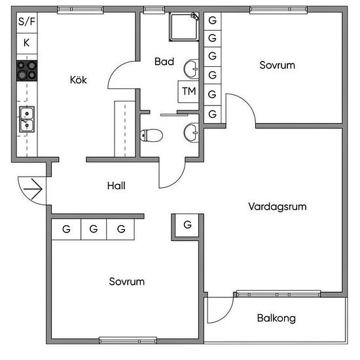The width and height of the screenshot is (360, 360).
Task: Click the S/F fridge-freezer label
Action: click(27, 22)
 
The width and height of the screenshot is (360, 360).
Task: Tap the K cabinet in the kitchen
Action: click(27, 43)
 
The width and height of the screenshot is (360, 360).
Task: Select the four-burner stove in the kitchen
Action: click(27, 71)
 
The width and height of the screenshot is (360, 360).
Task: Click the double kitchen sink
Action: click(27, 119)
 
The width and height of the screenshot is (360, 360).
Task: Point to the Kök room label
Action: click(79, 80)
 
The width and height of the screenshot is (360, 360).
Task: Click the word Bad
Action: click(164, 62)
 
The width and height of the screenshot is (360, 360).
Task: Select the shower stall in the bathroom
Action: click(184, 27)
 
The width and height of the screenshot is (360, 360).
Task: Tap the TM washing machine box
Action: click(189, 92)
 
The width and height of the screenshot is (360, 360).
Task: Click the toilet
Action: click(151, 135)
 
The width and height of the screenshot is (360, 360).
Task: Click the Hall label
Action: click(117, 186)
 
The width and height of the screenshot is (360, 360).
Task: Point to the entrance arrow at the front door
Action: click(33, 189)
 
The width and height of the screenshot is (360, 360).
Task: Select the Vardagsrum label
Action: click(278, 207)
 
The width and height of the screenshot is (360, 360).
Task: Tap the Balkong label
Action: click(276, 318)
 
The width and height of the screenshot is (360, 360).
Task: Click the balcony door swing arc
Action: click(227, 315)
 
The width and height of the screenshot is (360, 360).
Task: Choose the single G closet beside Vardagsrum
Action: click(187, 225)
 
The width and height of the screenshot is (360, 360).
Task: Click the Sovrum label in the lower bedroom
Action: click(127, 281)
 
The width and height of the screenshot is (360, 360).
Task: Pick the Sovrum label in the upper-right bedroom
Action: click(278, 65)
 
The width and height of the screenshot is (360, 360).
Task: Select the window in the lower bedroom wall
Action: click(128, 340)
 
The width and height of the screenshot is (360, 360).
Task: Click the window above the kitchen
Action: click(81, 10)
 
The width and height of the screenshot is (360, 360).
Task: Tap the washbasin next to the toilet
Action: click(191, 133)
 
